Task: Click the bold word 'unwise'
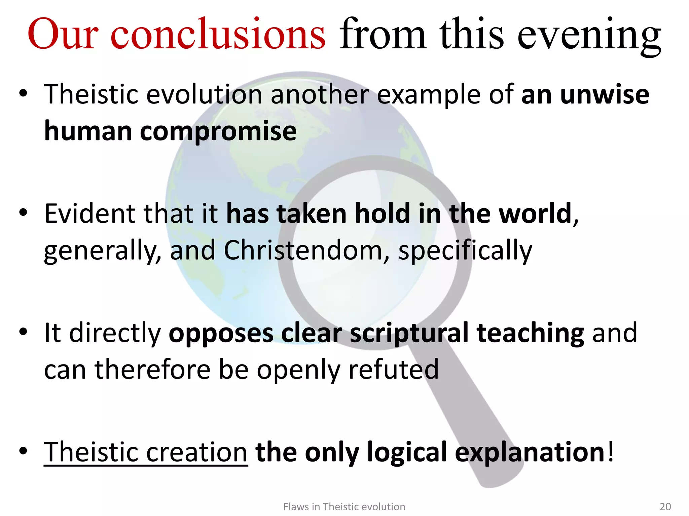point(605,94)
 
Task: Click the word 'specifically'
point(465,251)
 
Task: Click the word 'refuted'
point(393,370)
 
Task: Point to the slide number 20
point(665,507)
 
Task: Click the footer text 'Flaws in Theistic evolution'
point(344,507)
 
